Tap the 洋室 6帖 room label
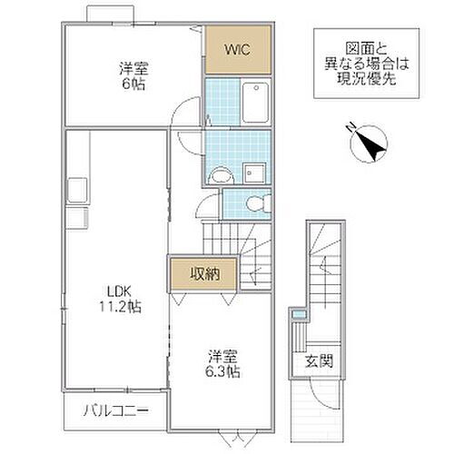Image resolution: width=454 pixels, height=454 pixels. [x=133, y=73]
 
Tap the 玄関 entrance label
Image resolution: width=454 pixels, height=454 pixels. [x=319, y=360]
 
